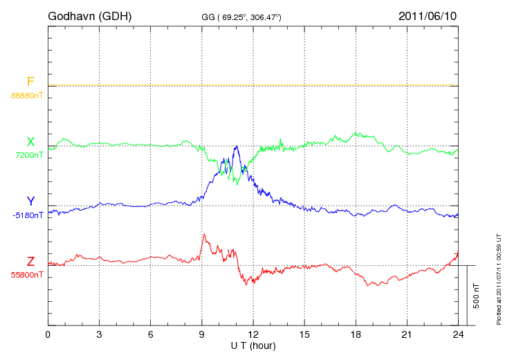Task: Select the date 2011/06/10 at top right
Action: pyautogui.click(x=428, y=15)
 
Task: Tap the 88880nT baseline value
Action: pyautogui.click(x=27, y=94)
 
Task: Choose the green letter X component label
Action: pyautogui.click(x=30, y=142)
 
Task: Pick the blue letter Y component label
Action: pyautogui.click(x=30, y=202)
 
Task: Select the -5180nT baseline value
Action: pyautogui.click(x=28, y=215)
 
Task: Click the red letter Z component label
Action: pyautogui.click(x=30, y=262)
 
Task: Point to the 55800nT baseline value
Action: pyautogui.click(x=27, y=274)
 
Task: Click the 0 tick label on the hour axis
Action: pyautogui.click(x=48, y=334)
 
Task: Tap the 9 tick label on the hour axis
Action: pyautogui.click(x=202, y=334)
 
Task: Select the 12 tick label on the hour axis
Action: pyautogui.click(x=253, y=334)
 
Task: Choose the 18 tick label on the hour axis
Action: pyautogui.click(x=356, y=334)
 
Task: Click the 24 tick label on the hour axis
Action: pyautogui.click(x=458, y=334)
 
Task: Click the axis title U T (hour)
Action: pyautogui.click(x=252, y=345)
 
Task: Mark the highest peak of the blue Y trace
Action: pyautogui.click(x=237, y=146)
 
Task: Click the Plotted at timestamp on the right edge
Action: pyautogui.click(x=498, y=277)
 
